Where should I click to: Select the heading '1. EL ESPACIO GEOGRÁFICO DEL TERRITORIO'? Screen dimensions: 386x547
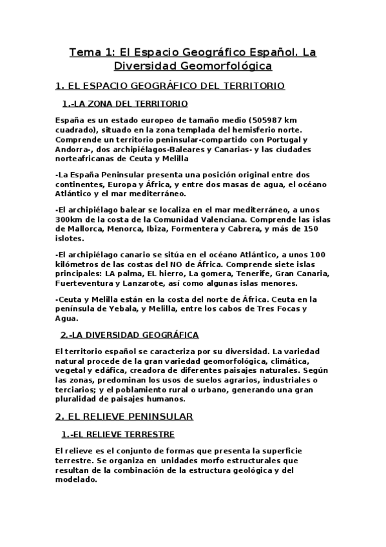click(170, 85)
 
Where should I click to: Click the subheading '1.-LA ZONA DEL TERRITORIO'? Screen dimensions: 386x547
click(125, 103)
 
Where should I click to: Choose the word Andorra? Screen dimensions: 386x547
click(73, 149)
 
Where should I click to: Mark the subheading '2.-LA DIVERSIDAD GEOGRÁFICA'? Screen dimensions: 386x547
click(130, 335)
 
